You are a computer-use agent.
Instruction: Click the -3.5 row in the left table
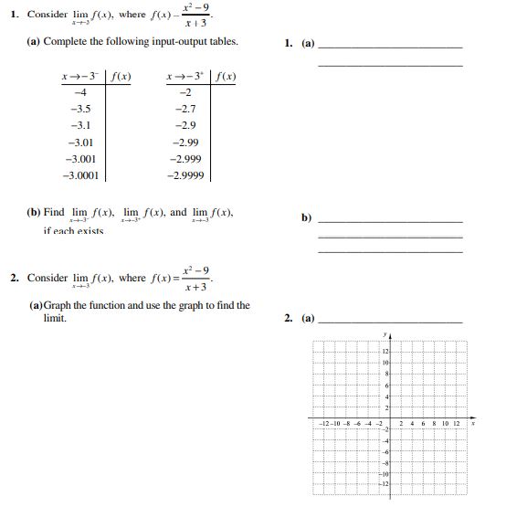[80, 108]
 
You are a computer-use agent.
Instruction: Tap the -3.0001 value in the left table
[80, 174]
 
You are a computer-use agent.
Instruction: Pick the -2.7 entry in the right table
[184, 108]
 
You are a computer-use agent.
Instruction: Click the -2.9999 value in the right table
[185, 174]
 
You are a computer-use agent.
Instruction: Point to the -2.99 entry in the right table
[185, 142]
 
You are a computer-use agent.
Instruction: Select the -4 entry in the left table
[79, 91]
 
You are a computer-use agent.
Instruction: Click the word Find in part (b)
[54, 212]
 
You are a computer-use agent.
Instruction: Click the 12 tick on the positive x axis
[457, 423]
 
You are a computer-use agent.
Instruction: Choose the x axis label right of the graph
[473, 423]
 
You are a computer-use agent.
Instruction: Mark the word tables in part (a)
[222, 42]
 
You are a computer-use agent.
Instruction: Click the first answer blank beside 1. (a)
[390, 48]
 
